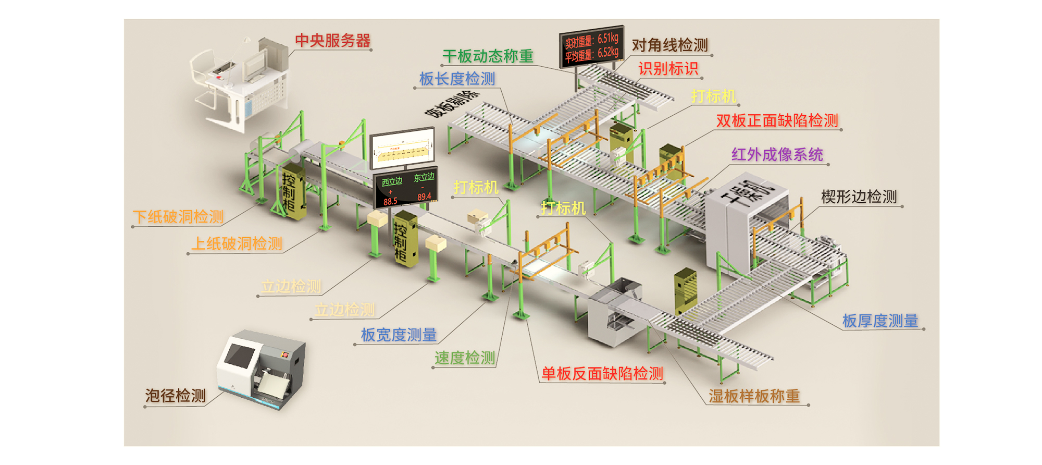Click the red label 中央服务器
(332, 41)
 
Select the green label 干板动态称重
(488, 56)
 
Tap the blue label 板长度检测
(457, 79)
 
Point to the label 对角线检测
(669, 45)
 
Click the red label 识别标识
(668, 68)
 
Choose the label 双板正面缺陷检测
(777, 120)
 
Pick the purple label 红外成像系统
(777, 154)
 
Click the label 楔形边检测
(859, 197)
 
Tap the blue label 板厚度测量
(880, 321)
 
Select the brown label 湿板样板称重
(754, 396)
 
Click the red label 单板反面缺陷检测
(602, 373)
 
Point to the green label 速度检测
(465, 358)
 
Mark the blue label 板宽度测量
(399, 335)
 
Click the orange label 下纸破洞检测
(178, 217)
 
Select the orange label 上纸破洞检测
(237, 243)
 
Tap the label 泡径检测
(176, 396)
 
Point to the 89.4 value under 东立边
(424, 197)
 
